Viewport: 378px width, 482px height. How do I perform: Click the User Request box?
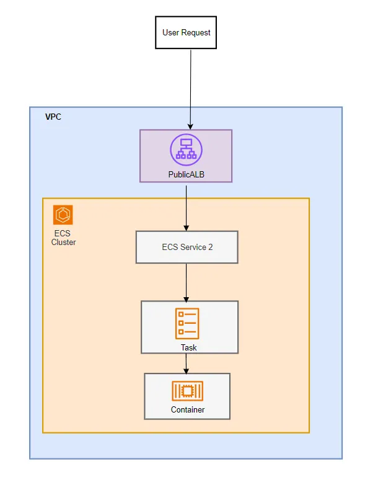(186, 32)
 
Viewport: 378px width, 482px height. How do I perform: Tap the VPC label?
(53, 117)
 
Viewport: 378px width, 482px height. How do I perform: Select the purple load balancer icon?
(186, 150)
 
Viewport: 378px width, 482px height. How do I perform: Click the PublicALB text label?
(186, 175)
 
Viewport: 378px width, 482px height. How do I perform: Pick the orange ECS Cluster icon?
(63, 215)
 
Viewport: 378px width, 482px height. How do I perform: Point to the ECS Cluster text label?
(63, 238)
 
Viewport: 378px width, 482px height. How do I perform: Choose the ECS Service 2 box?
(187, 247)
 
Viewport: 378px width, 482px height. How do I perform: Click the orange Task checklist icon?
(187, 323)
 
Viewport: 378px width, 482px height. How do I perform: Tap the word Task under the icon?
(189, 347)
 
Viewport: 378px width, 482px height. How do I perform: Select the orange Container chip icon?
(187, 391)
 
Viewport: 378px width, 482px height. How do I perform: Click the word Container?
(188, 409)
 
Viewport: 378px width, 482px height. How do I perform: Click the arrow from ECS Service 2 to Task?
(187, 282)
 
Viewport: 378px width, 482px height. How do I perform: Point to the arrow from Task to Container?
(187, 362)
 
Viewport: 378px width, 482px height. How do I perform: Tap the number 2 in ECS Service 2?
(210, 247)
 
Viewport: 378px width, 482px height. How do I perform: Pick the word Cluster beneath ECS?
(63, 242)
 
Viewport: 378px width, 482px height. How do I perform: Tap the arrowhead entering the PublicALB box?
(191, 126)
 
